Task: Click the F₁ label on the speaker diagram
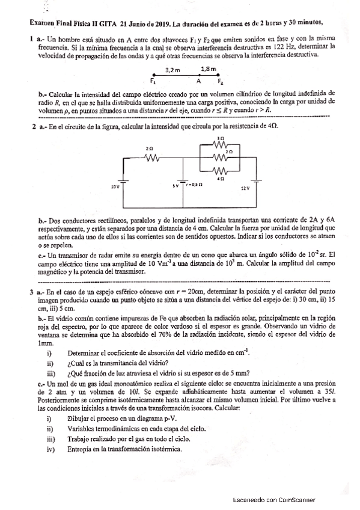click(x=154, y=82)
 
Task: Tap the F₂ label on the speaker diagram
click(x=221, y=82)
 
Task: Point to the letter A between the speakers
click(x=198, y=82)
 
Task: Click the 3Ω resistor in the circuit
click(x=221, y=144)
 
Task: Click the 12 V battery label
click(x=245, y=188)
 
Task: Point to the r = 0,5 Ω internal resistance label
click(x=195, y=185)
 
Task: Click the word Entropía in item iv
click(x=82, y=449)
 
